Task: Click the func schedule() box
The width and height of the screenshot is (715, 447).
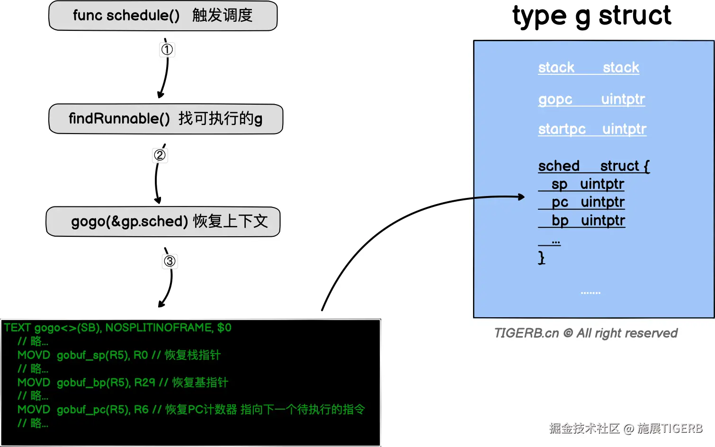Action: click(163, 16)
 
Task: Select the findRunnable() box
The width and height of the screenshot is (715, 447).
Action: click(166, 119)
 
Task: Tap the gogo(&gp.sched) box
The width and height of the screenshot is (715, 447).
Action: click(163, 221)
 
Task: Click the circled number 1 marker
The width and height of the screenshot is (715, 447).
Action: click(167, 49)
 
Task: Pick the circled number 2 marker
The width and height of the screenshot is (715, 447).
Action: click(160, 155)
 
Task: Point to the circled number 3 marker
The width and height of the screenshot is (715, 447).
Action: click(170, 261)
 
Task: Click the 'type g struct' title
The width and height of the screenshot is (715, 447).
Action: click(591, 16)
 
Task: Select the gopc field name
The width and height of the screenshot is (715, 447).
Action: click(555, 99)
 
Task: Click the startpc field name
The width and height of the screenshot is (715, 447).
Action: click(562, 129)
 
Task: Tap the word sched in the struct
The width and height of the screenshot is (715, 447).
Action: click(559, 166)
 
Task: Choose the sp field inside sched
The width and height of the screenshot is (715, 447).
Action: click(559, 184)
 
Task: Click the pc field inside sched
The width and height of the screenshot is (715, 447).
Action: click(560, 202)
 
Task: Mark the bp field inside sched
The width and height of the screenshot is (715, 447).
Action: click(560, 221)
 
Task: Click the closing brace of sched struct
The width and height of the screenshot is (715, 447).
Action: click(542, 258)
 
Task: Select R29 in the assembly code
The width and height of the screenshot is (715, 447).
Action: click(145, 382)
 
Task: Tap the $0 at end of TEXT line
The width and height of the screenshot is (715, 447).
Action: click(224, 328)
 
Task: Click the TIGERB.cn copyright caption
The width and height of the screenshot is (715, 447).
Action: click(586, 333)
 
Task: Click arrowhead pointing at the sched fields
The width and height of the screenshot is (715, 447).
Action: click(521, 197)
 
